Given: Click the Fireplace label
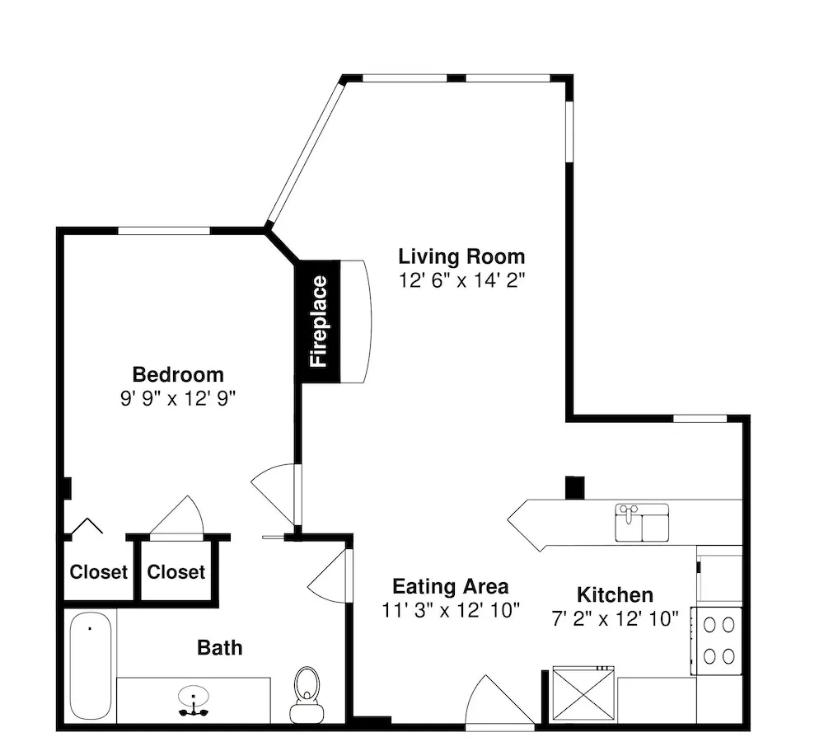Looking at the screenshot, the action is click(319, 322).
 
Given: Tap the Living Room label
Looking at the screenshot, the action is click(461, 256).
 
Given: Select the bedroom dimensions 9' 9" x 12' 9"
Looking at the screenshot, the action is click(178, 398).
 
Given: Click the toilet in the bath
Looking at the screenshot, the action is click(307, 694).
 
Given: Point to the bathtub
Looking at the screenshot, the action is click(91, 665).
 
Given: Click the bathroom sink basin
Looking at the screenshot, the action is click(194, 697).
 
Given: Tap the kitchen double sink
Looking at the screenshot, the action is click(642, 522).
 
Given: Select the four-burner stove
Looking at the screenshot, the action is click(716, 641).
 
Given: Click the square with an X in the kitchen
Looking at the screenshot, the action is click(583, 694).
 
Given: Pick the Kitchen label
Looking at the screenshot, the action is click(615, 594).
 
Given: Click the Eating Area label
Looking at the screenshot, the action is click(451, 586).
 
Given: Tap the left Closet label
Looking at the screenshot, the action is click(99, 571).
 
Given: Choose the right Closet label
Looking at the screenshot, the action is click(176, 571).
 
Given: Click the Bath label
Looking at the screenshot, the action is click(220, 648).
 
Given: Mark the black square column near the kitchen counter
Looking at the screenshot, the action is click(574, 487).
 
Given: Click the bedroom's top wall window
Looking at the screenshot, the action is click(164, 230).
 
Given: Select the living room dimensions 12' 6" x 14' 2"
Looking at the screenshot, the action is click(461, 280).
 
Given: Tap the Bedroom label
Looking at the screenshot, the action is click(178, 375).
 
